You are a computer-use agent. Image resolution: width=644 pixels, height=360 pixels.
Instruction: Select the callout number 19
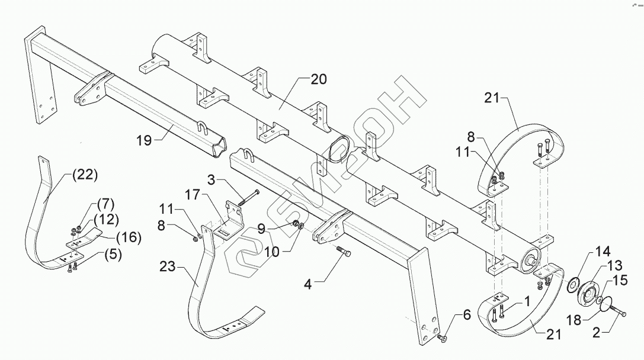coord(144,140)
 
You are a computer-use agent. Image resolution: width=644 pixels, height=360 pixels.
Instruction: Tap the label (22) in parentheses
coord(84,175)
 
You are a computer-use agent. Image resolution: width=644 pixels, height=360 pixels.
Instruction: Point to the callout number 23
coord(168,267)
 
